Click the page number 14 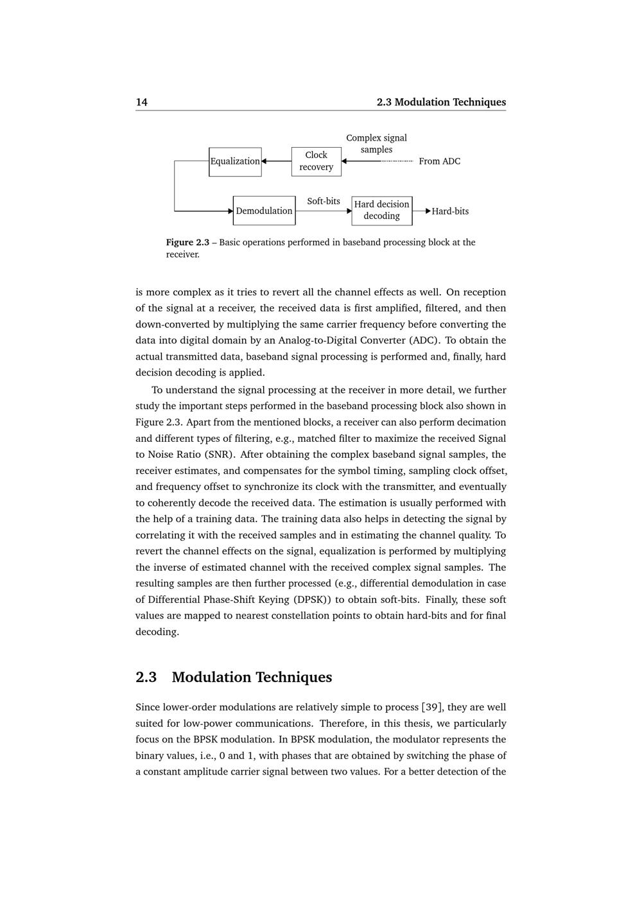point(141,102)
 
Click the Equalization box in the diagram point(235,161)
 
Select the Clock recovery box point(316,161)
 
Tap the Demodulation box point(264,211)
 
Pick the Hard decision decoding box point(381,211)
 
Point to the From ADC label point(439,161)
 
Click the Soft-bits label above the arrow point(324,201)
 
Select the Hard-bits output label point(450,211)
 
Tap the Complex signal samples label point(376,144)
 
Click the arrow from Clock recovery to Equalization point(276,161)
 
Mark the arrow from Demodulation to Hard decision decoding point(324,211)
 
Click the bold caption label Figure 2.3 point(187,242)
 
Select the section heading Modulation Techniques point(252,677)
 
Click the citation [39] point(432,707)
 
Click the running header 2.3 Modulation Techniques point(441,102)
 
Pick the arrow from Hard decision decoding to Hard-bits point(422,211)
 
